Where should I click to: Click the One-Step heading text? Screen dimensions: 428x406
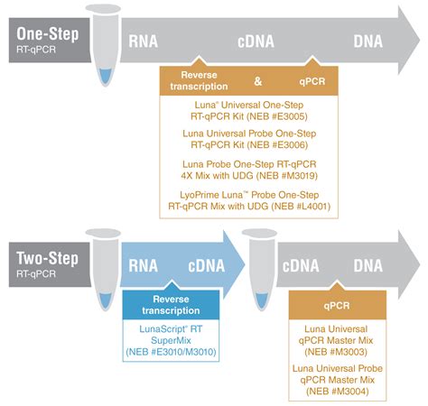tap(48, 33)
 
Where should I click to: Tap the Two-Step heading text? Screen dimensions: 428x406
tap(47, 258)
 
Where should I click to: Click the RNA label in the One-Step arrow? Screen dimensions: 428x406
tap(144, 42)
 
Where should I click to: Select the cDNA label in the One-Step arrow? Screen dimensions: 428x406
tap(256, 42)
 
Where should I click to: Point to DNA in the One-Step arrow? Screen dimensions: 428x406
tap(368, 42)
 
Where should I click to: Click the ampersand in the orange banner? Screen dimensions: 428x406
tap(258, 81)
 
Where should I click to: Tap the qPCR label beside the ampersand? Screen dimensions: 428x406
tap(312, 81)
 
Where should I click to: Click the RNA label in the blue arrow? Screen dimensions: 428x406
tap(144, 266)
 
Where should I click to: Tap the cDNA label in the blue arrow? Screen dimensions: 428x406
tap(207, 266)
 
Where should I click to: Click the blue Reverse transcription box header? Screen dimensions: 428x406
tap(171, 305)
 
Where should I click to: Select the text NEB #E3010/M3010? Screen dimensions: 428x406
tap(171, 352)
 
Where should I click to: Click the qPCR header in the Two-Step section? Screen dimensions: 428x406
tap(337, 306)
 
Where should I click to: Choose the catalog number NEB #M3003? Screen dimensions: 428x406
tap(336, 352)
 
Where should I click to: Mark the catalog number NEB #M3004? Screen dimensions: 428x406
tap(338, 392)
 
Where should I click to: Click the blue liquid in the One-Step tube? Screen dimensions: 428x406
tap(106, 76)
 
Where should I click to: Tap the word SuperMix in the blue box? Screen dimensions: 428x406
tap(171, 340)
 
